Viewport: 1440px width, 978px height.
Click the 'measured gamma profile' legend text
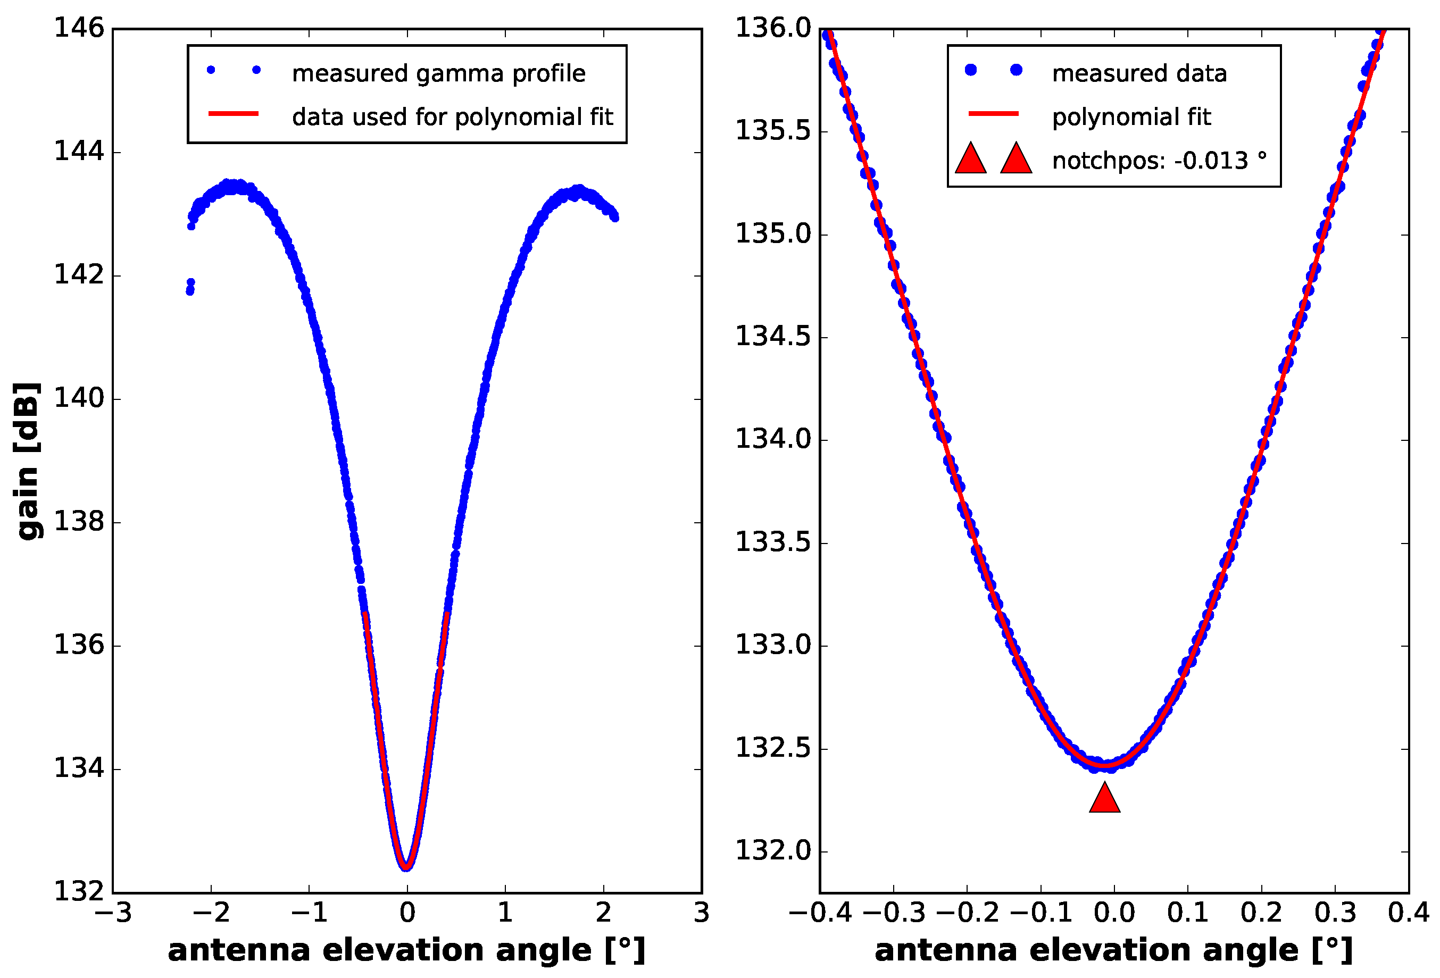click(x=439, y=73)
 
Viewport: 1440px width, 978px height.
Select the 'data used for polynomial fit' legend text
click(x=452, y=116)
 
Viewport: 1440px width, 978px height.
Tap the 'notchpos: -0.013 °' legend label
click(x=1159, y=161)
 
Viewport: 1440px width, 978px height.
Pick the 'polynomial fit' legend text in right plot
click(x=1131, y=116)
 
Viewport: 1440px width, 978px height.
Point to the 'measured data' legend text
click(x=1139, y=73)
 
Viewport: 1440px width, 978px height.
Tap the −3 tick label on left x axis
click(x=113, y=913)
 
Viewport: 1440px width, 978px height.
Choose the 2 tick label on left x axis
click(x=604, y=913)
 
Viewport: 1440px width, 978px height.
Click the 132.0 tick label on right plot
click(x=773, y=851)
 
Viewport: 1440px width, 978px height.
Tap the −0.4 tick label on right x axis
click(x=820, y=913)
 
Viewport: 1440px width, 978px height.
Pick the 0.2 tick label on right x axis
click(x=1261, y=913)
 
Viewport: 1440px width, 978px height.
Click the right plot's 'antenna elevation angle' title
click(x=1113, y=949)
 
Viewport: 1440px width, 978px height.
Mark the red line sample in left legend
click(x=234, y=113)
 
